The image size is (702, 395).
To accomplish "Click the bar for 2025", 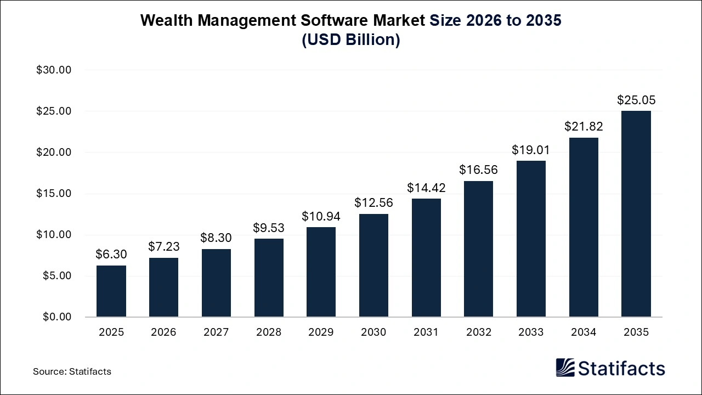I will (x=111, y=291).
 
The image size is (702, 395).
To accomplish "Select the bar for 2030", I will (x=373, y=266).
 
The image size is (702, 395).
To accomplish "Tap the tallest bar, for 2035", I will (x=636, y=214).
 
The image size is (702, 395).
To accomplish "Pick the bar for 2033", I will (x=531, y=239).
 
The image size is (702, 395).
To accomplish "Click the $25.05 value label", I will (x=636, y=100).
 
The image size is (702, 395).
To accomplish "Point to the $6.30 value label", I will (x=111, y=255).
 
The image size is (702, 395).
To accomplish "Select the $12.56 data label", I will (x=373, y=203).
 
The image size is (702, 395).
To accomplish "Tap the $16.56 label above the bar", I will (x=479, y=170).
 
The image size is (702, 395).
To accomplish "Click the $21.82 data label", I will (x=584, y=127).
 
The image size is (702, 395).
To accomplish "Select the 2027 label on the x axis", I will (x=216, y=332).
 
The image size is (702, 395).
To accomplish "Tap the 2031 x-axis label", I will (x=426, y=332).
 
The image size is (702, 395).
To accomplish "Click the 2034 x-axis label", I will (x=584, y=332).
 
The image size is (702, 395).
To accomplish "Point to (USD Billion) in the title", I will (x=351, y=41).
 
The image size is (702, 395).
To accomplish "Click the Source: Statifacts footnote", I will (x=72, y=371).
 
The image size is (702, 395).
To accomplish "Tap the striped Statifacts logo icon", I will (x=565, y=368).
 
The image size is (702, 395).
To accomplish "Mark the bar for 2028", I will (x=269, y=278).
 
